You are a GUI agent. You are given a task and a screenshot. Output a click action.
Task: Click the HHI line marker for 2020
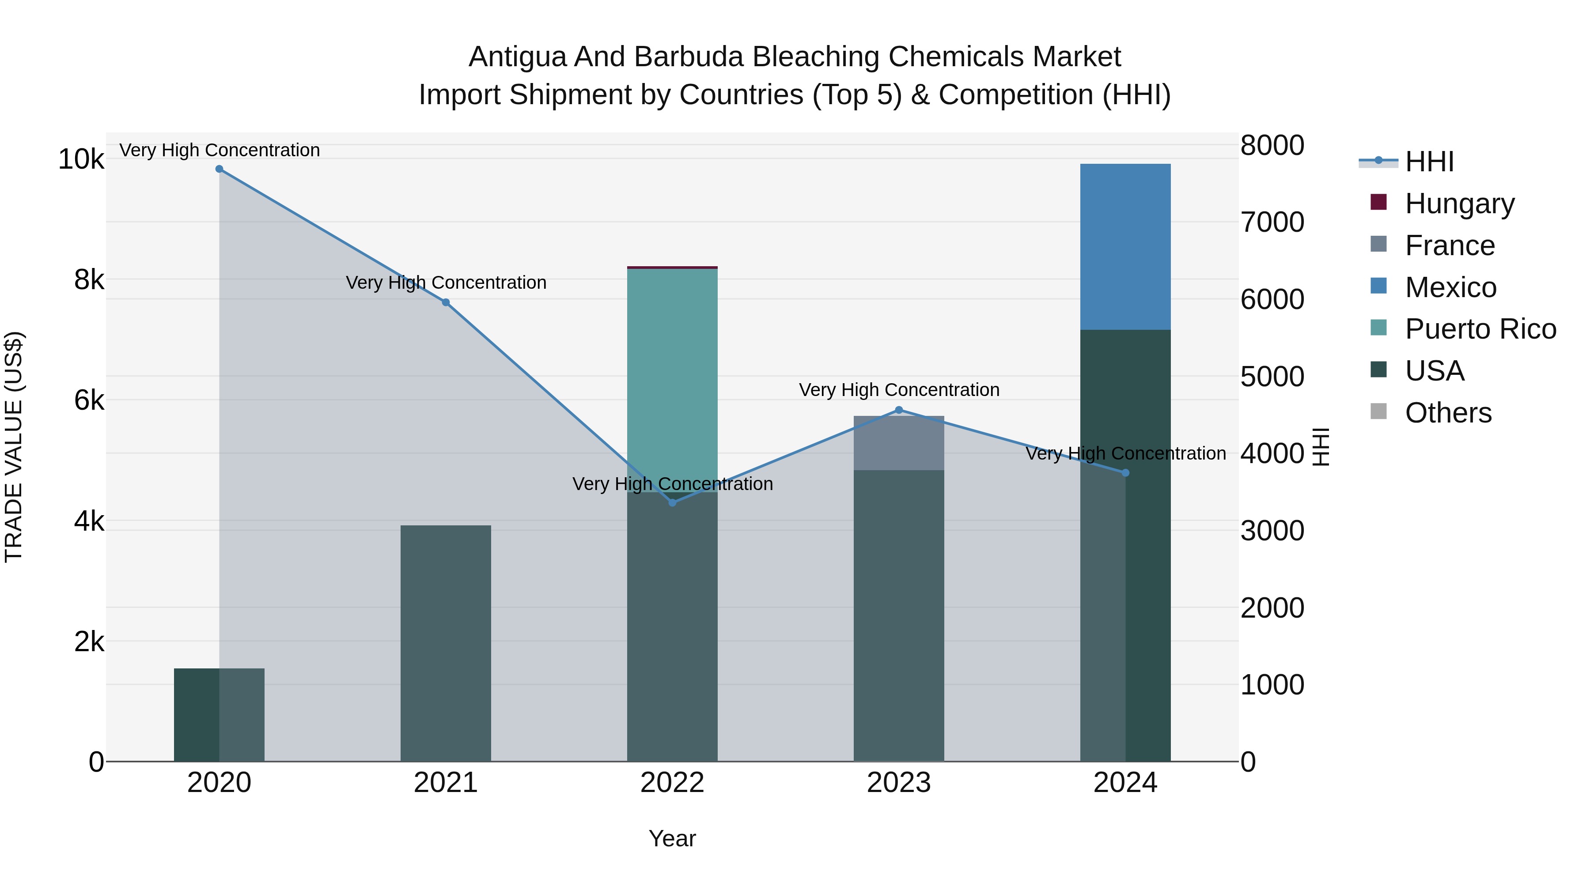[x=219, y=169]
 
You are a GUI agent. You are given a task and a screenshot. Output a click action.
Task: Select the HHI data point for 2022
[x=672, y=503]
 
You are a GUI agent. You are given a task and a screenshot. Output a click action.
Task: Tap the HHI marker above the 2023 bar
[x=899, y=410]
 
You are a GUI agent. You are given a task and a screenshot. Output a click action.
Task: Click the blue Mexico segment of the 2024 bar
[x=1125, y=247]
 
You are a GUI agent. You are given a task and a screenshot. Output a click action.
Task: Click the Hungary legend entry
[x=1459, y=204]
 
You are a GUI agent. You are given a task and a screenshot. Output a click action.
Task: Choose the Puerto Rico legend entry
[x=1480, y=329]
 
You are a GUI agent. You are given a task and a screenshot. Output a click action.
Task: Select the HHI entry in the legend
[x=1429, y=162]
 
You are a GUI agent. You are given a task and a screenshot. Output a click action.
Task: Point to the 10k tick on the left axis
[x=81, y=159]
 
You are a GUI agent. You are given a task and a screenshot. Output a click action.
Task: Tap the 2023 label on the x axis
[x=899, y=783]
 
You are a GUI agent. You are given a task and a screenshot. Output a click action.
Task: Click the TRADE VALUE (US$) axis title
[x=14, y=447]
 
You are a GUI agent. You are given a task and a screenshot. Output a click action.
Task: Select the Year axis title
[x=672, y=838]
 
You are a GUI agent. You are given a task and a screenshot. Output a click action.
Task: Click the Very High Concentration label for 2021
[x=446, y=283]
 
